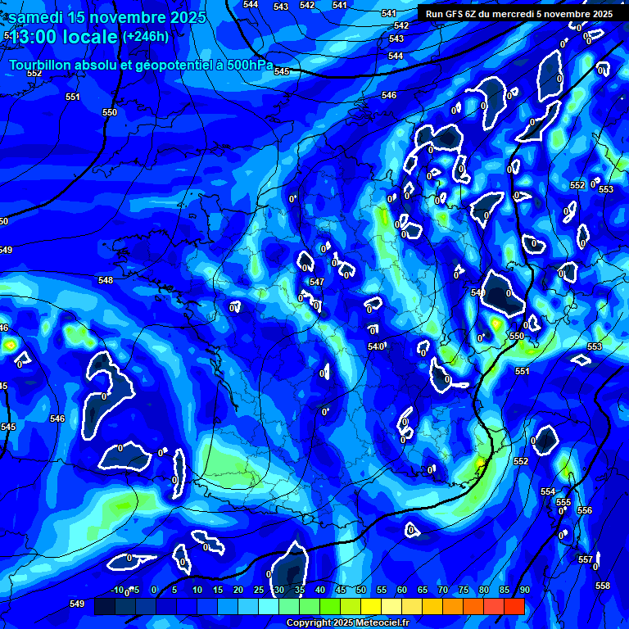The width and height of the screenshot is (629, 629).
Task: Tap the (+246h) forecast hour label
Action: tap(145, 37)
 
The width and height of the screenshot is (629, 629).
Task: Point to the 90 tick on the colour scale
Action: tap(524, 591)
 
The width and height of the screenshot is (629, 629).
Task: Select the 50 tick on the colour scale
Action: tap(361, 591)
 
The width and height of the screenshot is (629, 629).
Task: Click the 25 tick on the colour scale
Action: tap(259, 591)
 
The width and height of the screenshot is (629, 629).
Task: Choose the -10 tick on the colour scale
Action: tap(118, 591)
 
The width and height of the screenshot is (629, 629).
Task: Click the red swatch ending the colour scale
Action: tap(514, 607)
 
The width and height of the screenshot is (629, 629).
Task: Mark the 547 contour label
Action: tap(317, 282)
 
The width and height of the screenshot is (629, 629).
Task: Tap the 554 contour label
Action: tap(548, 491)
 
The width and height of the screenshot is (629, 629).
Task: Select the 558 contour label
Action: tap(603, 586)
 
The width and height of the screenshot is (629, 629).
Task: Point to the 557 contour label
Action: tap(586, 559)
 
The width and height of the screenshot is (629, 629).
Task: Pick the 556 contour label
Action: tap(584, 510)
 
